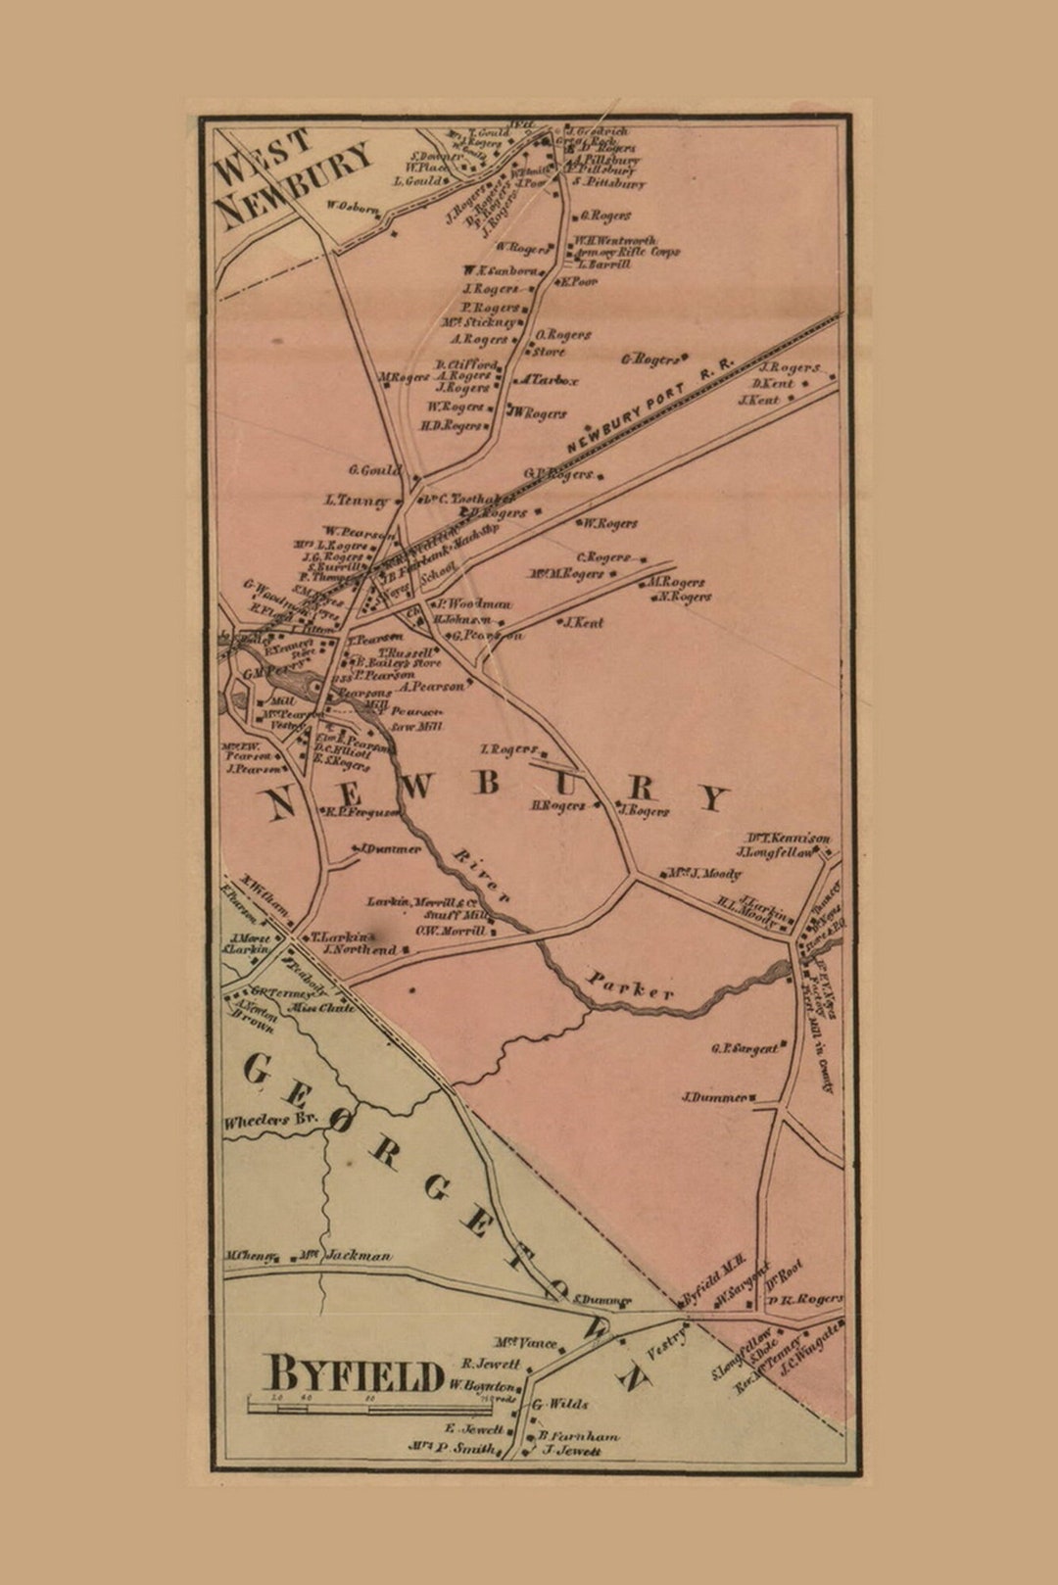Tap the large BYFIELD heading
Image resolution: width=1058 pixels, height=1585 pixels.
coord(355,1374)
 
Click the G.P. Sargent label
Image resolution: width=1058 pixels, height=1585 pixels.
coord(745,1048)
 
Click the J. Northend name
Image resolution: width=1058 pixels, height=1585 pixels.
coord(360,949)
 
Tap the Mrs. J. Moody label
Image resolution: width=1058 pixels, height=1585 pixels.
coord(704,873)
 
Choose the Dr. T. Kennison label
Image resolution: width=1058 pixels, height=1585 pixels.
coord(789,838)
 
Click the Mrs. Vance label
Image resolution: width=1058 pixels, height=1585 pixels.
coord(526,1343)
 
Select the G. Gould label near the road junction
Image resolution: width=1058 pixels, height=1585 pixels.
coord(374,470)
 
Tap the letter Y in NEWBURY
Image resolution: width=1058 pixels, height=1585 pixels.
coord(714,797)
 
